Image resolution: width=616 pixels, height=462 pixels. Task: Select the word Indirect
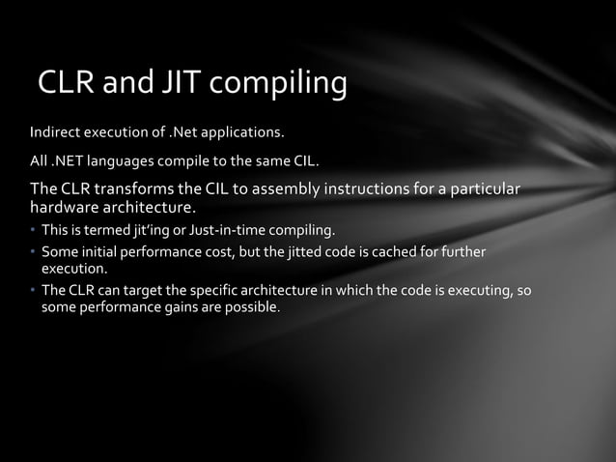tap(55, 130)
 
